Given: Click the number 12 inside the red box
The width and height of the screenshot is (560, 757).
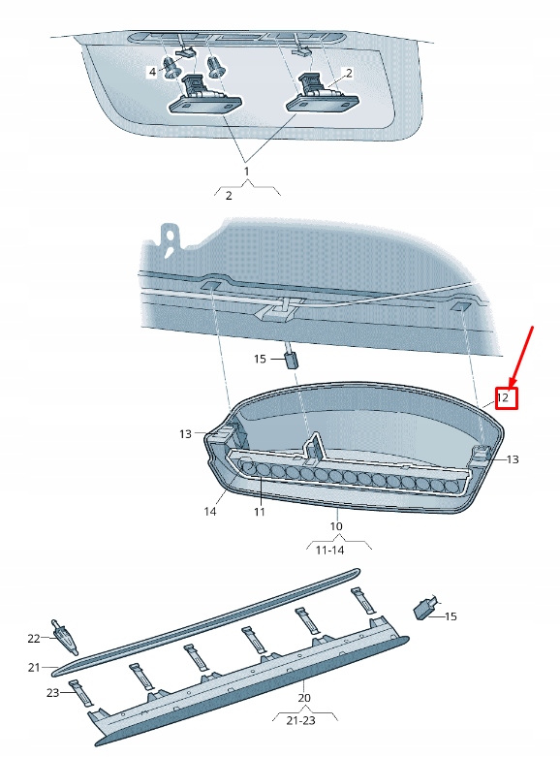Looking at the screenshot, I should [x=504, y=397].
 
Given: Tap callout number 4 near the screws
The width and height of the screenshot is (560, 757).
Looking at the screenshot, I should [x=152, y=73].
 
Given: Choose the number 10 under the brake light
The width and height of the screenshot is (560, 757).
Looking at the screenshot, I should [x=336, y=527].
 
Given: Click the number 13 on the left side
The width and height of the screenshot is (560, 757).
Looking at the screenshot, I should [x=186, y=434].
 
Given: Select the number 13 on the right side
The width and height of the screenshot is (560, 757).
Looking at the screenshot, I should [x=513, y=459].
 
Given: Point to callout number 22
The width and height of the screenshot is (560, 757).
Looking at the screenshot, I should [x=34, y=638].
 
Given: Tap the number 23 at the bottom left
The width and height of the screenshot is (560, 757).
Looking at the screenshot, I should [x=54, y=692].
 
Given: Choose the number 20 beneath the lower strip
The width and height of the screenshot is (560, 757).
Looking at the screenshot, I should [x=304, y=697].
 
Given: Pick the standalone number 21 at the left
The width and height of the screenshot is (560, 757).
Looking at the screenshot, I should [x=34, y=667].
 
